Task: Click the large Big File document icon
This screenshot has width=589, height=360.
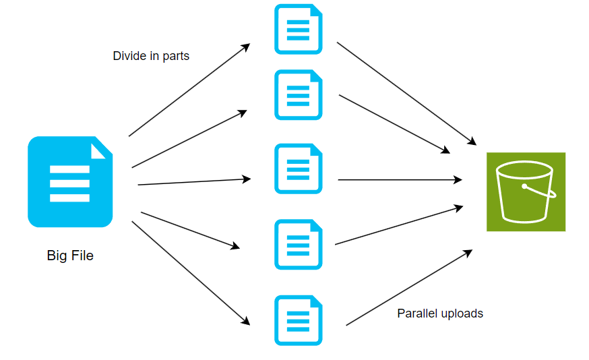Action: [x=69, y=181]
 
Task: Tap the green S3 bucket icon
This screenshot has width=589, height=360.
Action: [x=526, y=191]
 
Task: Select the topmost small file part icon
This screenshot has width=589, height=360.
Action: [x=298, y=30]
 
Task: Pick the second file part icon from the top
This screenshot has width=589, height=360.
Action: [x=298, y=95]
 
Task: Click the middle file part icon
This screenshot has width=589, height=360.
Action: [x=298, y=169]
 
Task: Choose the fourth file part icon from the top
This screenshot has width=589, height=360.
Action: [x=298, y=244]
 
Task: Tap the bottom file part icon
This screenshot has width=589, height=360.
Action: [x=298, y=320]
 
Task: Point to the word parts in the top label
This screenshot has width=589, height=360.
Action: [x=176, y=57]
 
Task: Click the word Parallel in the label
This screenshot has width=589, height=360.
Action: [x=417, y=313]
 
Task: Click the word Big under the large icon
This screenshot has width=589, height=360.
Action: [x=57, y=256]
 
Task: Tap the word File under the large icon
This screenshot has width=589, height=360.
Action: [x=82, y=256]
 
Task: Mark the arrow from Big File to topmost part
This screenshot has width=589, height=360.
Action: [x=189, y=90]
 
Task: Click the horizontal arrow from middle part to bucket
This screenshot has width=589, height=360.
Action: [x=399, y=180]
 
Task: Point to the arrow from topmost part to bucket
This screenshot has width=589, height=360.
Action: [x=406, y=93]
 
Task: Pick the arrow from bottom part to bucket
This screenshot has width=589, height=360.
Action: [x=408, y=288]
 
